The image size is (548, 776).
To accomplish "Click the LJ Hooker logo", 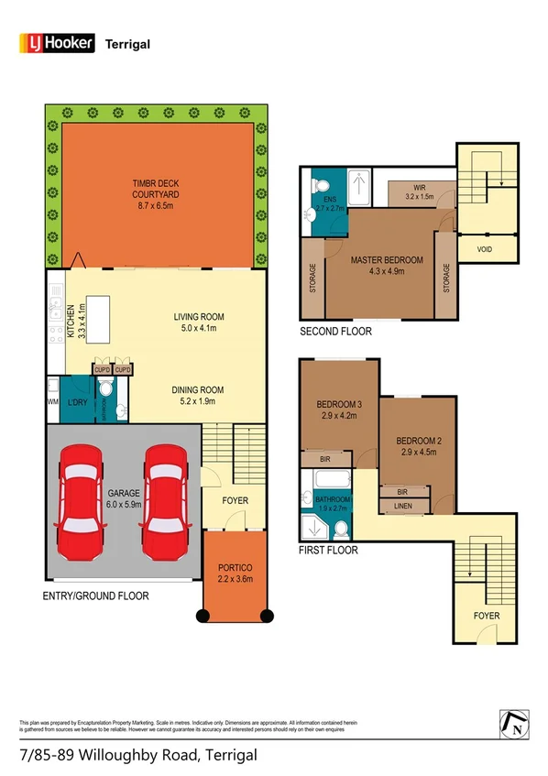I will (x=57, y=42).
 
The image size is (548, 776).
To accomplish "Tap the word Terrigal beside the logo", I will (x=128, y=43).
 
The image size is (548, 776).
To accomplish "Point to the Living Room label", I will (x=199, y=322).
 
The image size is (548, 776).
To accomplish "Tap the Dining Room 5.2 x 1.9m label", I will (x=198, y=395).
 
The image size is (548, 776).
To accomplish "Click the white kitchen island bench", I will (x=100, y=309).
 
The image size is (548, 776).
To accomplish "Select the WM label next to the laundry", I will (x=51, y=400).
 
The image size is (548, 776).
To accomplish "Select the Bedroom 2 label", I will (x=419, y=446).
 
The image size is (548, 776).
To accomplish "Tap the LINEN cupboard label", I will (x=400, y=505).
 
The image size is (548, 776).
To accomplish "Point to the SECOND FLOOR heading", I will (x=335, y=331).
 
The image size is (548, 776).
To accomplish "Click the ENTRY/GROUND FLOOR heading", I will (x=96, y=595).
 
